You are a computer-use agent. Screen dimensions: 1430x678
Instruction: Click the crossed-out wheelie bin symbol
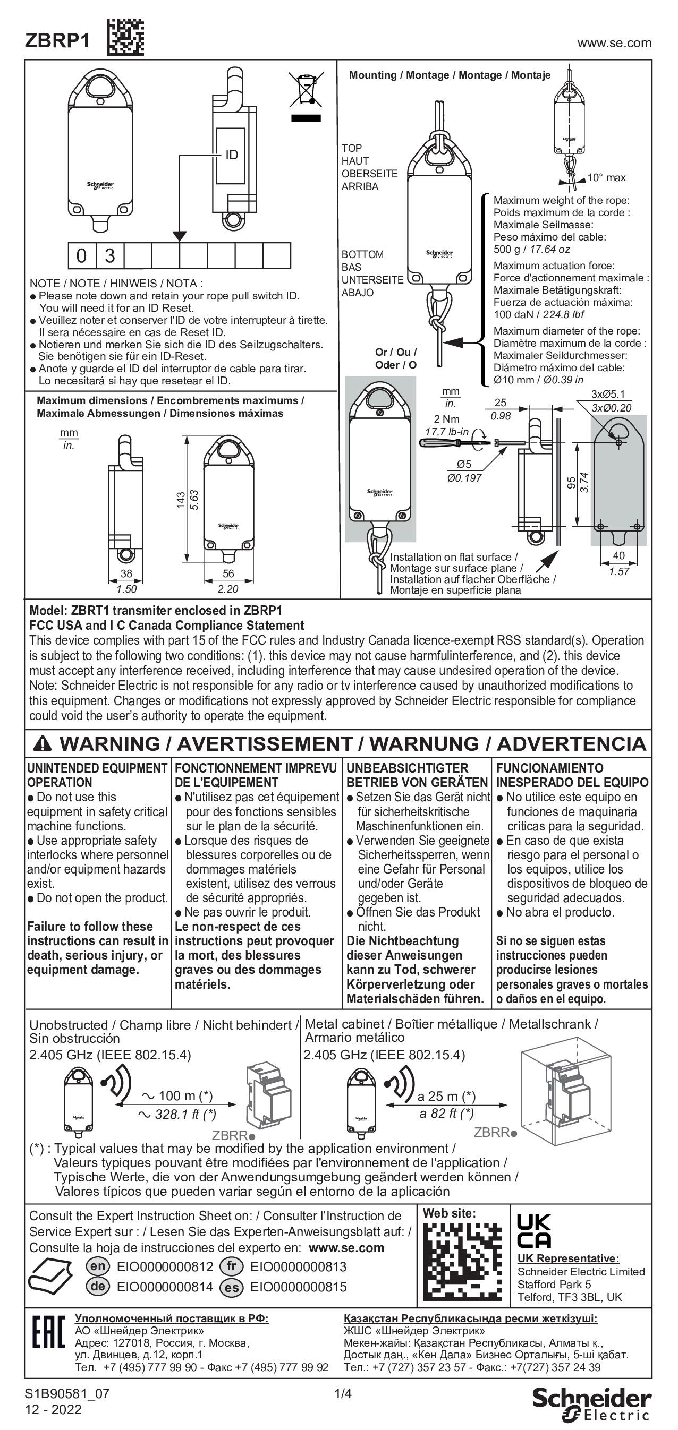tap(305, 89)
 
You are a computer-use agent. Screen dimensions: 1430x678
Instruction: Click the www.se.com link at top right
tap(614, 44)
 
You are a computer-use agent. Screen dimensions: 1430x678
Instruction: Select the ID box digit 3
tap(110, 256)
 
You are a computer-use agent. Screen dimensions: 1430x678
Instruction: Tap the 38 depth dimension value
tap(126, 573)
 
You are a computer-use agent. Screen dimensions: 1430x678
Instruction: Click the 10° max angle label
tap(606, 178)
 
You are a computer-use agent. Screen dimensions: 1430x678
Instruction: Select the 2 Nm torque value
tap(446, 418)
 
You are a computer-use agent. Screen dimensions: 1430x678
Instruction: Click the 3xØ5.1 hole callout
tap(608, 395)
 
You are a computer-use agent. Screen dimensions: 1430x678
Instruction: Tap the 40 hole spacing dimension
tap(618, 555)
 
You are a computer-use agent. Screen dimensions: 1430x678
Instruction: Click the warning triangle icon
tap(42, 743)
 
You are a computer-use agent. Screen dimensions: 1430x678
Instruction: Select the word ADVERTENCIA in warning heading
tap(571, 744)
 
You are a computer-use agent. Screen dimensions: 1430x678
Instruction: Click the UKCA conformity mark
tap(533, 1232)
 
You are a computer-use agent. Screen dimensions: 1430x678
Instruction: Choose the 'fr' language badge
tap(232, 1267)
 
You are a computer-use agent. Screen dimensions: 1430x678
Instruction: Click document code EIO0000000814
tap(165, 1287)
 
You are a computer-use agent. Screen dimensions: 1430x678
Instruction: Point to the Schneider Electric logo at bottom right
tap(592, 1403)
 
